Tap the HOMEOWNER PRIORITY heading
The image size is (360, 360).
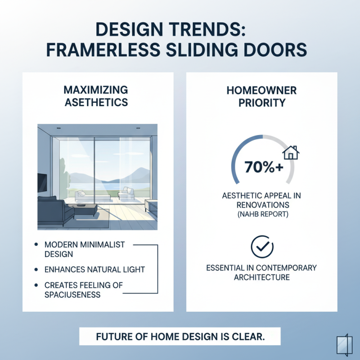coord(261,96)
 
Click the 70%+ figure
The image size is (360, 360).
coord(264,166)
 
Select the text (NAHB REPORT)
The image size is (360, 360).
coord(261,215)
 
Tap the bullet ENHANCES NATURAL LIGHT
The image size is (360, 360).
coord(94,270)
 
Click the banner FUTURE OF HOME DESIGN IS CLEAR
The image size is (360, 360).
coord(180,336)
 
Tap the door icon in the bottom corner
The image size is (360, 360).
coord(342,344)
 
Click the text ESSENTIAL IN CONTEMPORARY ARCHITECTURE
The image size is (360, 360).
coord(261,272)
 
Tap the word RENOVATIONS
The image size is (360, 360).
coord(261,205)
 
